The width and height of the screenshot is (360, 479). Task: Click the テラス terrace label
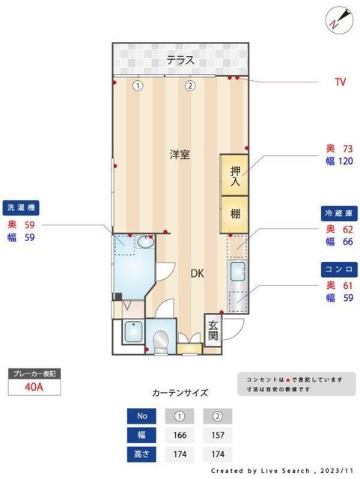tap(180, 61)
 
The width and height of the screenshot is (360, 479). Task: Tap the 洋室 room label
tap(179, 155)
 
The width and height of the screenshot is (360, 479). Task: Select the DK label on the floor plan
tap(196, 273)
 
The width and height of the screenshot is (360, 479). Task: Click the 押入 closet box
tap(234, 174)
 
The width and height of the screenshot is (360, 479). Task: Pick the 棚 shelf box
tap(234, 213)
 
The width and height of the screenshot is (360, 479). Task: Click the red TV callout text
tap(340, 80)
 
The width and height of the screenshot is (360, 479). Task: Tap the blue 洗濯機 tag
tap(22, 207)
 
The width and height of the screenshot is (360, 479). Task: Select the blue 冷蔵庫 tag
tap(338, 212)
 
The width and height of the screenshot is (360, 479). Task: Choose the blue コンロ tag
tap(338, 268)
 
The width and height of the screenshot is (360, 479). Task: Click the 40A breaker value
tap(34, 387)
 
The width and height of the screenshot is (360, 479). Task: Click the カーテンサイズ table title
tap(180, 391)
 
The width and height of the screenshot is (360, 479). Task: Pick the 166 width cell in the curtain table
tap(180, 435)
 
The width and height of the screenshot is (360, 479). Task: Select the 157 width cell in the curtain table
tap(217, 435)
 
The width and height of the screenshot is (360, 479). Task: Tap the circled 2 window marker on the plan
tap(190, 85)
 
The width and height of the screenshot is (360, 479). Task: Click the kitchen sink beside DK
tap(237, 272)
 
